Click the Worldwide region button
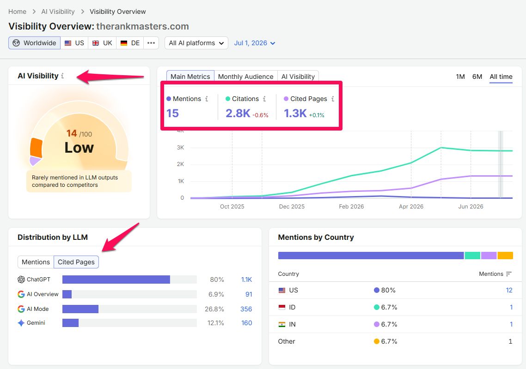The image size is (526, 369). pos(35,43)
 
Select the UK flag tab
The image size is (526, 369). pos(102,43)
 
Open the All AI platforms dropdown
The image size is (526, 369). pos(196,43)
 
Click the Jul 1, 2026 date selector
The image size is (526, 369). pos(255,43)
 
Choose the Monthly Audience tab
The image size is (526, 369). pos(245,77)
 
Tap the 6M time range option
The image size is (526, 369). pos(477,77)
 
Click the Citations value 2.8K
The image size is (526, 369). pos(238,113)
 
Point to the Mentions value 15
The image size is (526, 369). pos(172,113)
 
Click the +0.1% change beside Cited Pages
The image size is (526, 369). pos(317,115)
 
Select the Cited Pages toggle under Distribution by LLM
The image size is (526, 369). pos(76,262)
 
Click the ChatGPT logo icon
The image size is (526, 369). pos(21,279)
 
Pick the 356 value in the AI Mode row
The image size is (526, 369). pos(246,309)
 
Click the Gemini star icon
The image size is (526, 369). pos(21,323)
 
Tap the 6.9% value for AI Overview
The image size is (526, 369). pos(216,294)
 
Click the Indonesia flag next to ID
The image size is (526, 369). pos(282,307)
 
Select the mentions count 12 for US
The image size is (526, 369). pos(509,290)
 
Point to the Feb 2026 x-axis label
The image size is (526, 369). pos(351,206)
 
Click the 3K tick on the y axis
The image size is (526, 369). pos(180,147)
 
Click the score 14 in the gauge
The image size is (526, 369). pos(72,133)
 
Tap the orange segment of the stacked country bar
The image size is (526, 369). pos(505,256)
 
